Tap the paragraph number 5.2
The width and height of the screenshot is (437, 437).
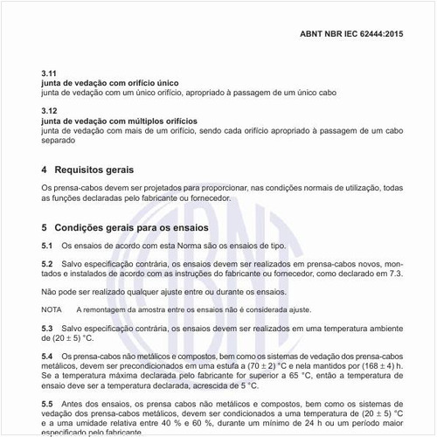[x=47, y=264]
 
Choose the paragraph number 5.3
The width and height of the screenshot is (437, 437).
[x=47, y=328]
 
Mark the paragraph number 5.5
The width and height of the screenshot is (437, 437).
[x=47, y=404]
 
